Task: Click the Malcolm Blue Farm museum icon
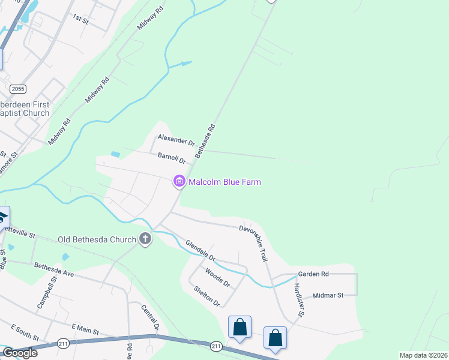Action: (x=178, y=181)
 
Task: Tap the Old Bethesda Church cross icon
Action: (x=145, y=239)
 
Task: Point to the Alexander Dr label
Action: (x=176, y=140)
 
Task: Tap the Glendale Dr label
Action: (x=200, y=250)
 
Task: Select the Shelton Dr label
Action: (x=206, y=296)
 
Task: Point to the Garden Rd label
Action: (x=313, y=274)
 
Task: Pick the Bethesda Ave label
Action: (x=53, y=269)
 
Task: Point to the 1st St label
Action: (x=80, y=19)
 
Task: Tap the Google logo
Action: (x=19, y=353)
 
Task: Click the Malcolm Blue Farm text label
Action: (x=224, y=181)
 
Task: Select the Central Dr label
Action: (x=149, y=317)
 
